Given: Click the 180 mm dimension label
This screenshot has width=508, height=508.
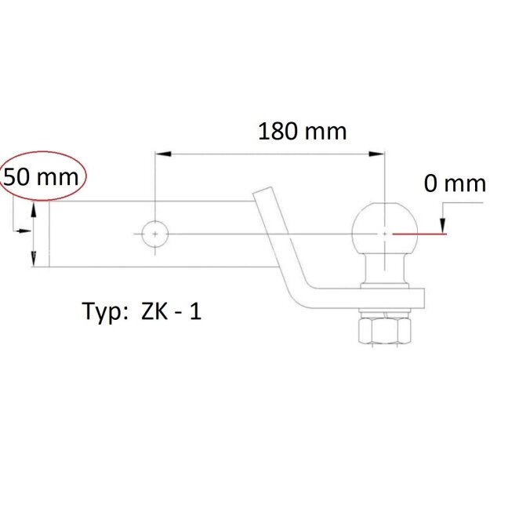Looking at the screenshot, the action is click(x=303, y=132).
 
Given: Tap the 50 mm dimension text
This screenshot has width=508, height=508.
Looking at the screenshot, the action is click(x=41, y=177).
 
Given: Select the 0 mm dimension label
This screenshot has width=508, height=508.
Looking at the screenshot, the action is click(x=455, y=183).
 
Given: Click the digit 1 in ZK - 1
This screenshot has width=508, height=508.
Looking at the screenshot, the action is click(x=195, y=312).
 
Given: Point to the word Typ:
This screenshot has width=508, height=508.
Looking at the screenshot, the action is click(x=105, y=312).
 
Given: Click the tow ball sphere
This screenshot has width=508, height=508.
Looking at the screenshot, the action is click(x=385, y=228).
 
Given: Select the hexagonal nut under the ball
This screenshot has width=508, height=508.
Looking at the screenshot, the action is click(x=385, y=331).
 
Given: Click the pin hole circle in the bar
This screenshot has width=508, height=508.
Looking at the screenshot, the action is click(x=155, y=234).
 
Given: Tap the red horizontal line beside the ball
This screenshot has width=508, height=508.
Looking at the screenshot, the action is click(x=419, y=234).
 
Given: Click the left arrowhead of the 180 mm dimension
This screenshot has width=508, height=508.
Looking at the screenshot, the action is click(x=163, y=154).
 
